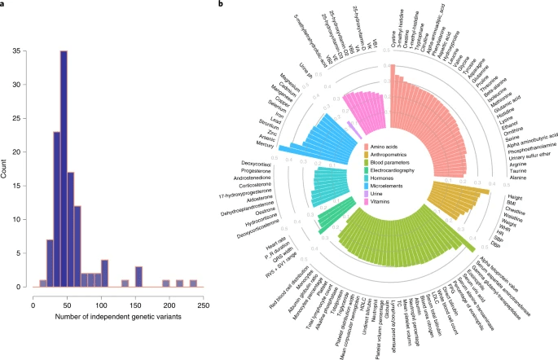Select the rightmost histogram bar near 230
193,283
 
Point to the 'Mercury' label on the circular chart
265,145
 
